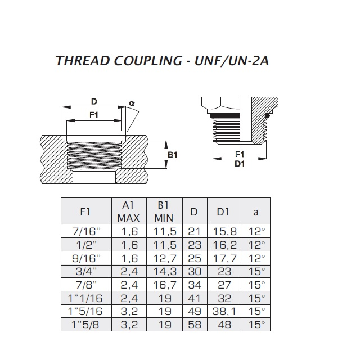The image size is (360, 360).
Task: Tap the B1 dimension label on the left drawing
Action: point(172,155)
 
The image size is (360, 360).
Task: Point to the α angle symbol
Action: point(131,103)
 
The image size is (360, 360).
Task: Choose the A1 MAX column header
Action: point(128,211)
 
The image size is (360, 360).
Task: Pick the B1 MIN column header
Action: point(163,211)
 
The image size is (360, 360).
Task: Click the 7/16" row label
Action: point(85,231)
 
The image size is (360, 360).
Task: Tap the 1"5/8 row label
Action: point(85,325)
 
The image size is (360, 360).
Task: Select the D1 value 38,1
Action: point(224,311)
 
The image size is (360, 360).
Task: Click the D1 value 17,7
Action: point(224,258)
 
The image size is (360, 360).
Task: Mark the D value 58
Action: point(194,325)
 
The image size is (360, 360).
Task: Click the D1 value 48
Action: point(224,325)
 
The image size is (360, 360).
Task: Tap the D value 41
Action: point(194,298)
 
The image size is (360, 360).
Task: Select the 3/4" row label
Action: point(85,271)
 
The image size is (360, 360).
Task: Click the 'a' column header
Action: point(255,212)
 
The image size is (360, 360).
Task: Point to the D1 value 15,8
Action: point(224,231)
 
